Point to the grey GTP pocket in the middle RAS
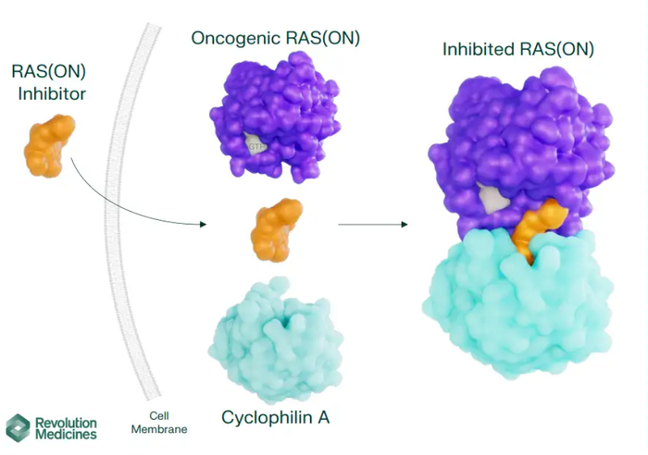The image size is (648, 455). coord(255,143)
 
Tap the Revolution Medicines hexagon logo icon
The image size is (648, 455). coord(18,426)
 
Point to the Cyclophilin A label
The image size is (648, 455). coord(275,417)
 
